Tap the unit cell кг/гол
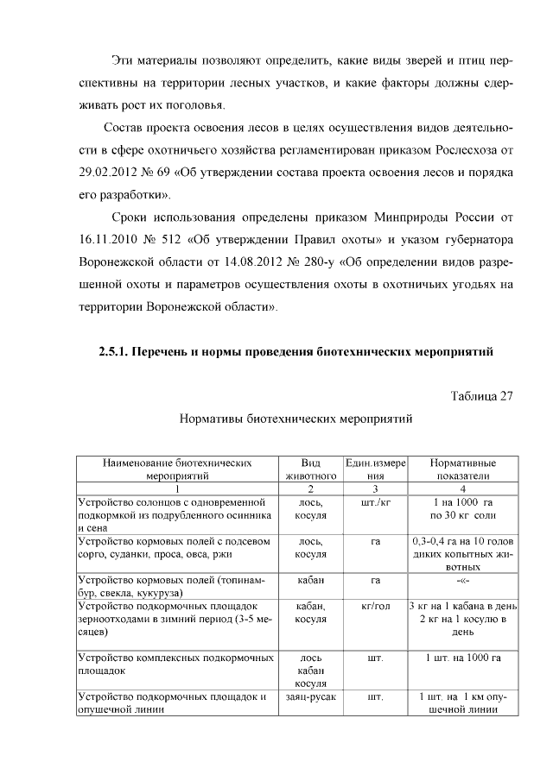375,608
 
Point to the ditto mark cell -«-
462,581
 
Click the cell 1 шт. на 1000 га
462,658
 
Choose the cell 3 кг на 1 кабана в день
462,608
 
